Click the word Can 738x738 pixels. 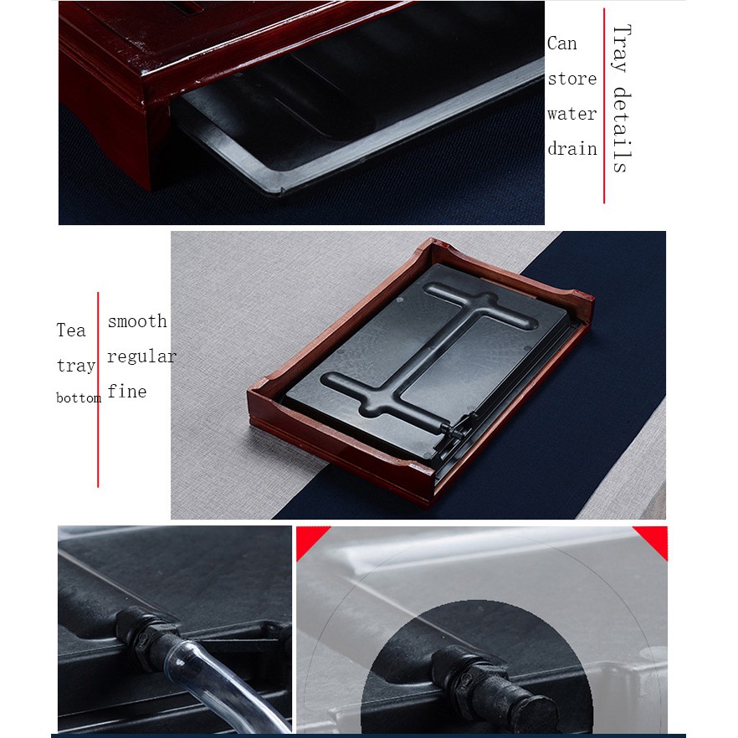pyautogui.click(x=561, y=44)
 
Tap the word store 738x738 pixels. pyautogui.click(x=571, y=79)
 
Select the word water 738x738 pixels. pyautogui.click(x=571, y=114)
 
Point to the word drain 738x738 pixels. pyautogui.click(x=571, y=149)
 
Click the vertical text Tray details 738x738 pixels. pyautogui.click(x=621, y=99)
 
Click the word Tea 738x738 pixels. pyautogui.click(x=71, y=330)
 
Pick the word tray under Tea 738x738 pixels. pyautogui.click(x=76, y=365)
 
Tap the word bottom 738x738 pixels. pyautogui.click(x=79, y=398)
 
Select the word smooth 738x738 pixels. pyautogui.click(x=137, y=321)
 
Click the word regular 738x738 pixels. pyautogui.click(x=141, y=356)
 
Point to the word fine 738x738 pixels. pyautogui.click(x=127, y=391)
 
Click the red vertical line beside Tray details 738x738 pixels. pyautogui.click(x=604, y=106)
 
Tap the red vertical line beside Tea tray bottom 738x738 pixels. pyautogui.click(x=98, y=390)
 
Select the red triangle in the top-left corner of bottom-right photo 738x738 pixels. pyautogui.click(x=309, y=539)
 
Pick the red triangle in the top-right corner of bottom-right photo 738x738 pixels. pyautogui.click(x=654, y=539)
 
